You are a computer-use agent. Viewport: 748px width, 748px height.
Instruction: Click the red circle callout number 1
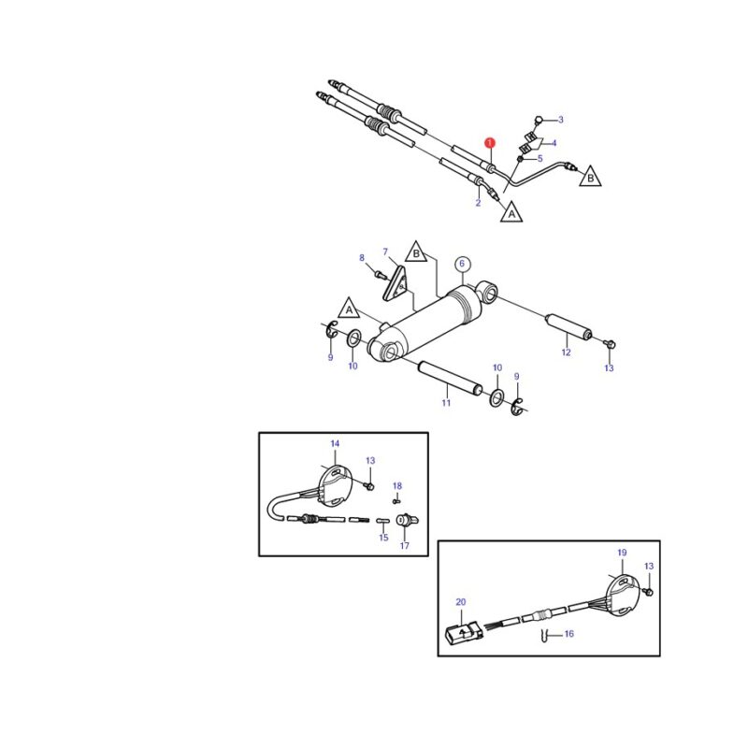click(x=489, y=143)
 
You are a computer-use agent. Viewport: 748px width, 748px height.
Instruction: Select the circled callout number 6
click(x=462, y=264)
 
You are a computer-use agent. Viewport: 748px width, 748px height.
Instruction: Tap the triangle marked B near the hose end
click(x=590, y=177)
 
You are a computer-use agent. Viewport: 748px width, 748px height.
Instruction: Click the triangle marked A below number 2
click(x=511, y=213)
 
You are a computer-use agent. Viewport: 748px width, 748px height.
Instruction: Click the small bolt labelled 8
click(x=379, y=275)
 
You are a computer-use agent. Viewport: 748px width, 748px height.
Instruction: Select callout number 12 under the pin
click(x=566, y=352)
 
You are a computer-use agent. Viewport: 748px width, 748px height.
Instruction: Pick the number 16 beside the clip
click(x=569, y=634)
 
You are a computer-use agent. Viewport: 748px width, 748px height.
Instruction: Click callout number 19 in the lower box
click(x=622, y=553)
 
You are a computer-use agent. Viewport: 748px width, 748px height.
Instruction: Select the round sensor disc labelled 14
click(x=335, y=486)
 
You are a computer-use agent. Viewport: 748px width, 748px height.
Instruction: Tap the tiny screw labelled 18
click(x=396, y=501)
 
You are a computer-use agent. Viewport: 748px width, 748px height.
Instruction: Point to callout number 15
click(x=383, y=538)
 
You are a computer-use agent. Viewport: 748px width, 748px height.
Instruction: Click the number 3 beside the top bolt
click(x=560, y=120)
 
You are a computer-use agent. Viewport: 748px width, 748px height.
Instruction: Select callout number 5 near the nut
click(x=540, y=158)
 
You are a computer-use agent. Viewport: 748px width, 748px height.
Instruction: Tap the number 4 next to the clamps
click(x=554, y=143)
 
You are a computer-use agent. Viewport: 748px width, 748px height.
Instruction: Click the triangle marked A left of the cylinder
click(x=349, y=309)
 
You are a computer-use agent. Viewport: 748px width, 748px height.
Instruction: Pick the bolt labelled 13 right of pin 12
click(x=610, y=343)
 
